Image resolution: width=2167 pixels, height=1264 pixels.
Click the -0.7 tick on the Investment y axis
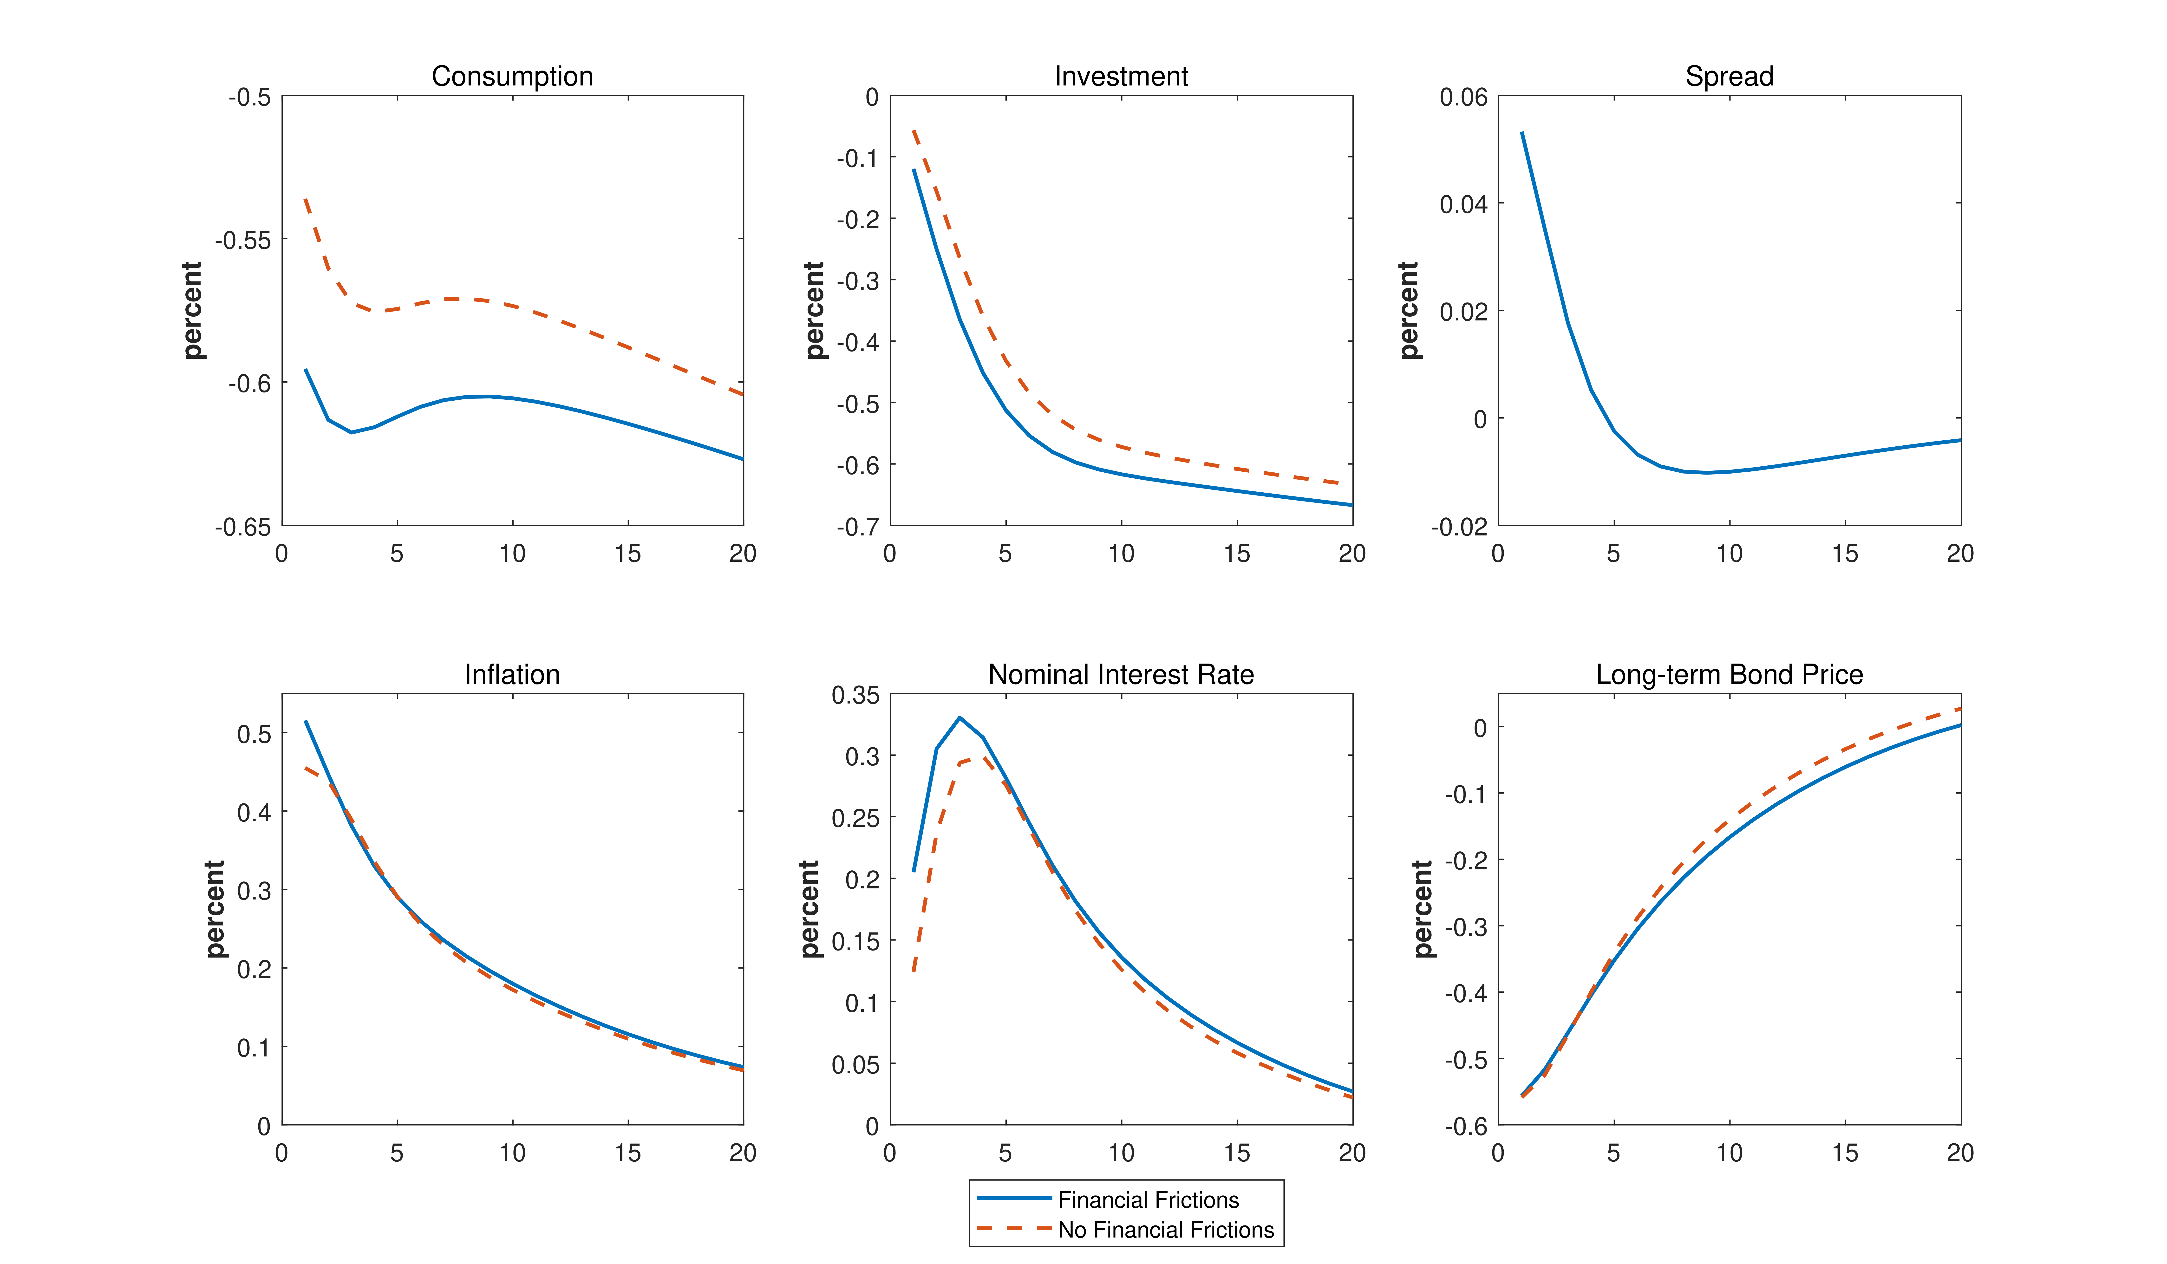(x=858, y=526)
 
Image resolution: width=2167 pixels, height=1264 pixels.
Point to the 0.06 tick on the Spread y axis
(x=1464, y=97)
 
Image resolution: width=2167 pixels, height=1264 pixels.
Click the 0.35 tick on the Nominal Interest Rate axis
(x=856, y=695)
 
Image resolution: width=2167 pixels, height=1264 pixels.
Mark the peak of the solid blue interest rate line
(x=960, y=717)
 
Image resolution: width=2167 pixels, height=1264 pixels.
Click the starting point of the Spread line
(x=1522, y=132)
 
